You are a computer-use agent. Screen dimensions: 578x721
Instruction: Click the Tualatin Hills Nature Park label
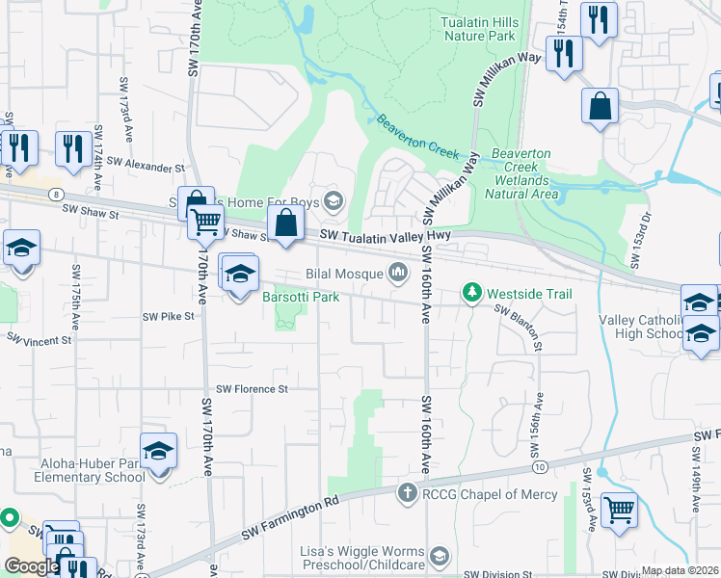point(480,29)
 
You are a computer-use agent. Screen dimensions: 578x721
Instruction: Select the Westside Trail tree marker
point(471,292)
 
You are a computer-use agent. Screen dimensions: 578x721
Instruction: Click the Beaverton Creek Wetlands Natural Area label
point(521,173)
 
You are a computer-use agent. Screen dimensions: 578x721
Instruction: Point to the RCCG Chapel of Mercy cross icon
point(407,493)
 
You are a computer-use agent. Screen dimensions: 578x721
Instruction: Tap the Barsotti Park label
point(301,298)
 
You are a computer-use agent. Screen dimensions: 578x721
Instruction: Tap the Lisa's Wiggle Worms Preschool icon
point(440,556)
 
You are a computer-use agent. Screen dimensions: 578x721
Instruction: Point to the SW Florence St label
point(252,389)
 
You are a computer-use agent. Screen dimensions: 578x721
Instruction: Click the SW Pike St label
point(169,316)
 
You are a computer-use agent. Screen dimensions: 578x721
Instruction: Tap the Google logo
point(32,566)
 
